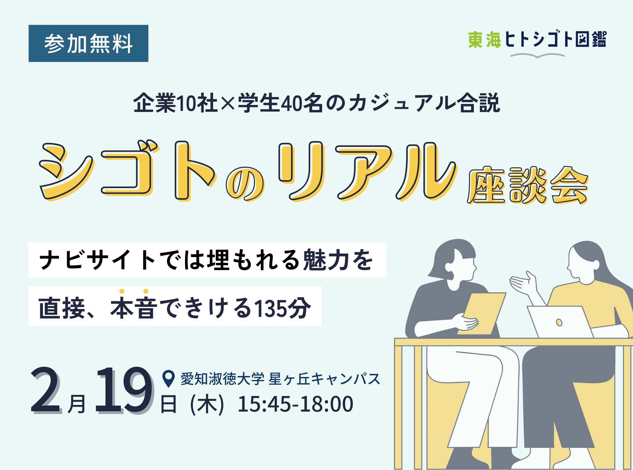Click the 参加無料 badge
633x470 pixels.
(x=89, y=44)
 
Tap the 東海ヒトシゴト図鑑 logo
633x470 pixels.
(x=537, y=39)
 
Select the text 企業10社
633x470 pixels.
(x=175, y=103)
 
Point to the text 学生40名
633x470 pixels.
(x=281, y=103)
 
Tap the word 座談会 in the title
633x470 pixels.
(x=528, y=185)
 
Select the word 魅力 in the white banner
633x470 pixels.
(x=326, y=260)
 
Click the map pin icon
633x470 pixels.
(x=168, y=379)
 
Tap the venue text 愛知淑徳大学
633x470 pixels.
(x=222, y=379)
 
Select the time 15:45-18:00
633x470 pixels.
(x=295, y=404)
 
